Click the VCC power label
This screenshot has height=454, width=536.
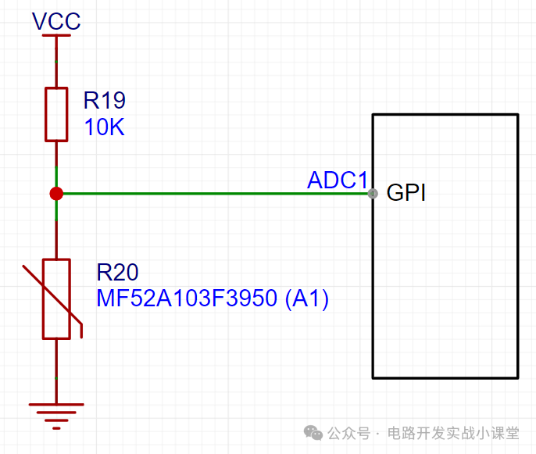pyautogui.click(x=56, y=21)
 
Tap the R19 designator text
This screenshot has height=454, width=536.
pyautogui.click(x=105, y=100)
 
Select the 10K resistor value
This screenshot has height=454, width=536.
pyautogui.click(x=104, y=127)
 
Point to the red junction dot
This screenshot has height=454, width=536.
pyautogui.click(x=56, y=194)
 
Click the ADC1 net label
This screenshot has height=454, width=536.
pyautogui.click(x=338, y=180)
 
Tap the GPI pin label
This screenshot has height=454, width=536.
pyautogui.click(x=406, y=192)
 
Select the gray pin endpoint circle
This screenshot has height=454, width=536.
pyautogui.click(x=373, y=194)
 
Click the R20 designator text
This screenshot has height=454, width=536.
pyautogui.click(x=117, y=272)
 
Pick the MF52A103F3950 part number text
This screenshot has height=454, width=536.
pyautogui.click(x=187, y=298)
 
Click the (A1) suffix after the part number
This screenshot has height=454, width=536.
pyautogui.click(x=306, y=298)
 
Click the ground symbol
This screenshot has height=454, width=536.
pyautogui.click(x=56, y=416)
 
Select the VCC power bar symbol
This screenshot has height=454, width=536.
pyautogui.click(x=56, y=35)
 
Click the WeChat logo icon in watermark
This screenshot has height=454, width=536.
pyautogui.click(x=313, y=433)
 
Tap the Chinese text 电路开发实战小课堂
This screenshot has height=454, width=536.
pyautogui.click(x=453, y=433)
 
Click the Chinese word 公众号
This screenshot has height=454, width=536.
pyautogui.click(x=349, y=434)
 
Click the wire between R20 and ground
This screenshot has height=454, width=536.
pyautogui.click(x=56, y=371)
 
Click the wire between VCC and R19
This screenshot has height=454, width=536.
pyautogui.click(x=56, y=63)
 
